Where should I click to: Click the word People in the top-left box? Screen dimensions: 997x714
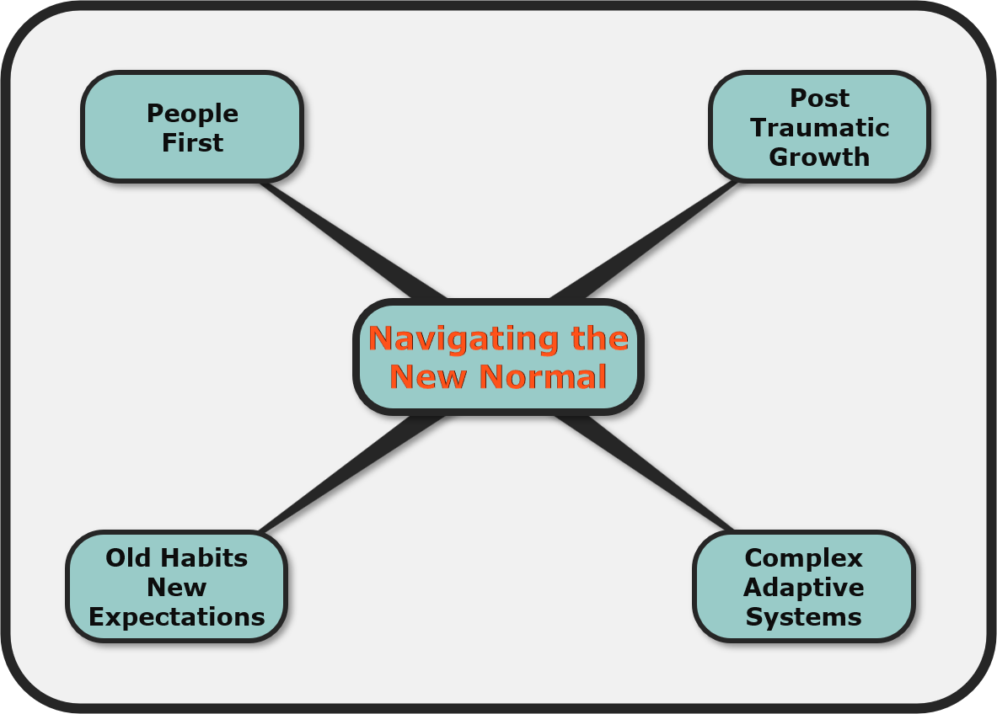[x=193, y=115]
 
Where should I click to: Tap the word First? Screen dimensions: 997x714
[x=193, y=143]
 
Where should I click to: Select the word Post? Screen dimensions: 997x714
[x=820, y=99]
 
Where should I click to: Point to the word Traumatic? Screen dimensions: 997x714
[x=820, y=128]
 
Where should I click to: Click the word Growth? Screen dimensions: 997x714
[x=820, y=157]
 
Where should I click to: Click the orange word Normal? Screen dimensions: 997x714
[x=543, y=376]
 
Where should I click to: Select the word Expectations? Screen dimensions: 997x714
[x=177, y=618]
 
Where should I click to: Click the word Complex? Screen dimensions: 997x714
[x=804, y=559]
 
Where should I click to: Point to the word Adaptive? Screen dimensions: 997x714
[x=804, y=589]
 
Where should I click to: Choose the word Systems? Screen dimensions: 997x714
[x=804, y=617]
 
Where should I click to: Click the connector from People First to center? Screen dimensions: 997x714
[x=353, y=240]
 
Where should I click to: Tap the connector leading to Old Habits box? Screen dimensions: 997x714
[x=353, y=474]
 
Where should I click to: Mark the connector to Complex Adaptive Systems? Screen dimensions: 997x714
[x=644, y=472]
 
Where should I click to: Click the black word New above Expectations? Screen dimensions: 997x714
[x=177, y=588]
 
